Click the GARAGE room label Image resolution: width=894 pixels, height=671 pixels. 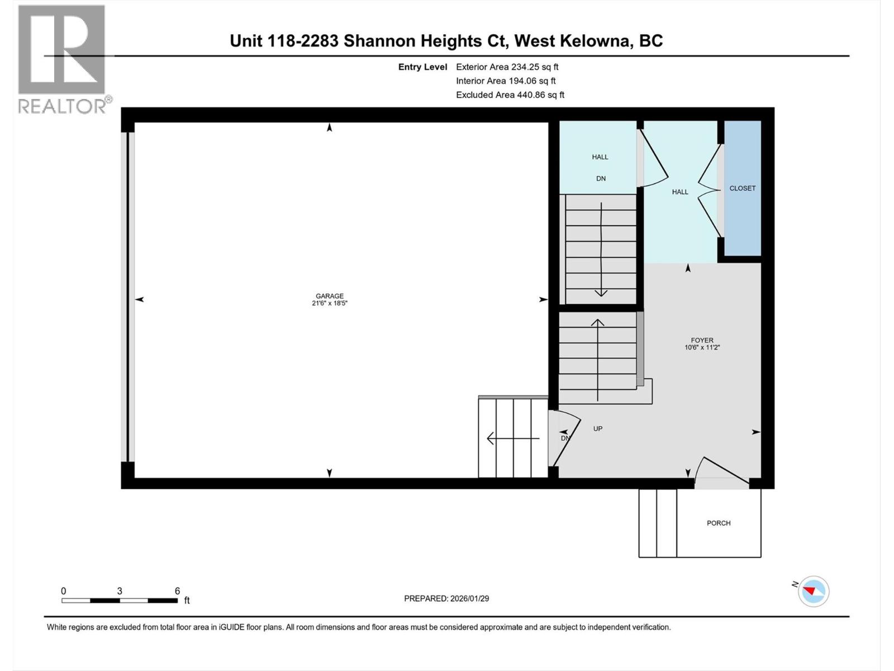(x=330, y=296)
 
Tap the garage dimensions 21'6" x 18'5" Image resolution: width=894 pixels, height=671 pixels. (x=330, y=304)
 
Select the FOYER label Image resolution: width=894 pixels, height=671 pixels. (x=702, y=340)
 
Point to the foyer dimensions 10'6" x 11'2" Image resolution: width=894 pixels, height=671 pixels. (x=702, y=347)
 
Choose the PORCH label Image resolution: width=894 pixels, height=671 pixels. (x=719, y=523)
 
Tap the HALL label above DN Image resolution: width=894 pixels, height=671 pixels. (x=600, y=157)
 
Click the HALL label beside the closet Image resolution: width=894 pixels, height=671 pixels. (x=680, y=192)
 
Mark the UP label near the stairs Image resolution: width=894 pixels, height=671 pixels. (x=598, y=429)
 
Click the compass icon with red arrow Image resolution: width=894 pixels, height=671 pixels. (x=814, y=591)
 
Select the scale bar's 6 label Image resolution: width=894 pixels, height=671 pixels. (x=177, y=591)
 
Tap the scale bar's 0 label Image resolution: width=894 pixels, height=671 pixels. (x=64, y=591)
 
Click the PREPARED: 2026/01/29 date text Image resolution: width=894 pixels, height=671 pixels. (x=446, y=598)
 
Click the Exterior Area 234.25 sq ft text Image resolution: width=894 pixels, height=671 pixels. (x=507, y=67)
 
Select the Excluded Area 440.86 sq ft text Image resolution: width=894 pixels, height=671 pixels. (x=510, y=95)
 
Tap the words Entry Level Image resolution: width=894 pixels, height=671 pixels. (x=422, y=67)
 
